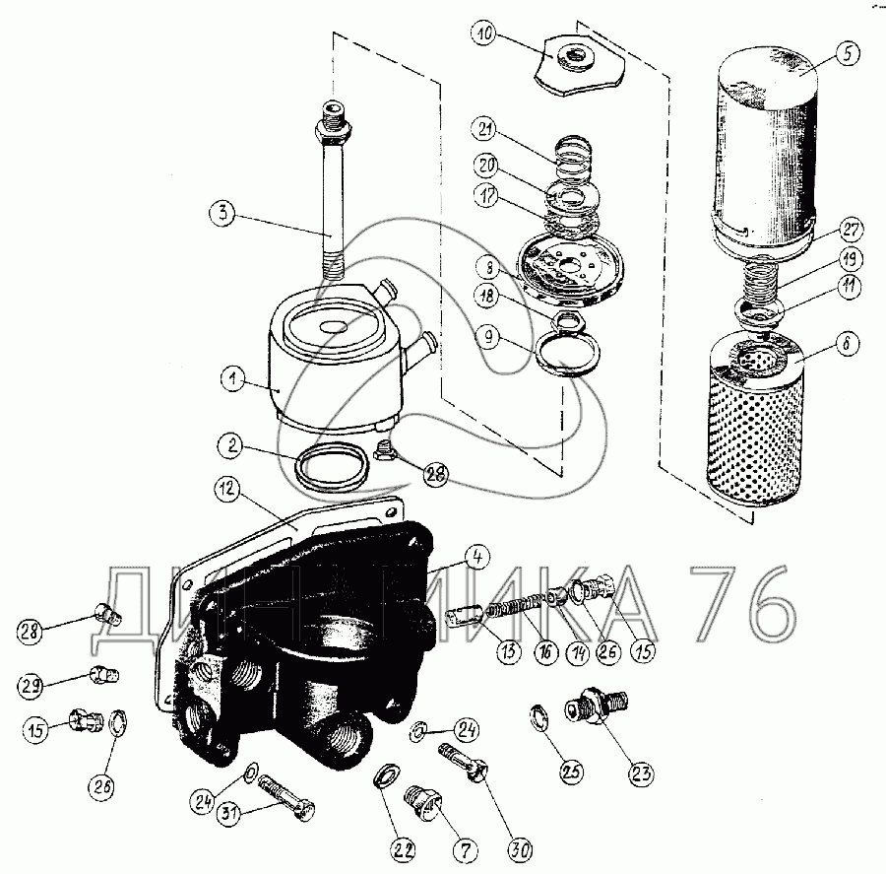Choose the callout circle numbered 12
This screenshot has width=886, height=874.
click(226, 487)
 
